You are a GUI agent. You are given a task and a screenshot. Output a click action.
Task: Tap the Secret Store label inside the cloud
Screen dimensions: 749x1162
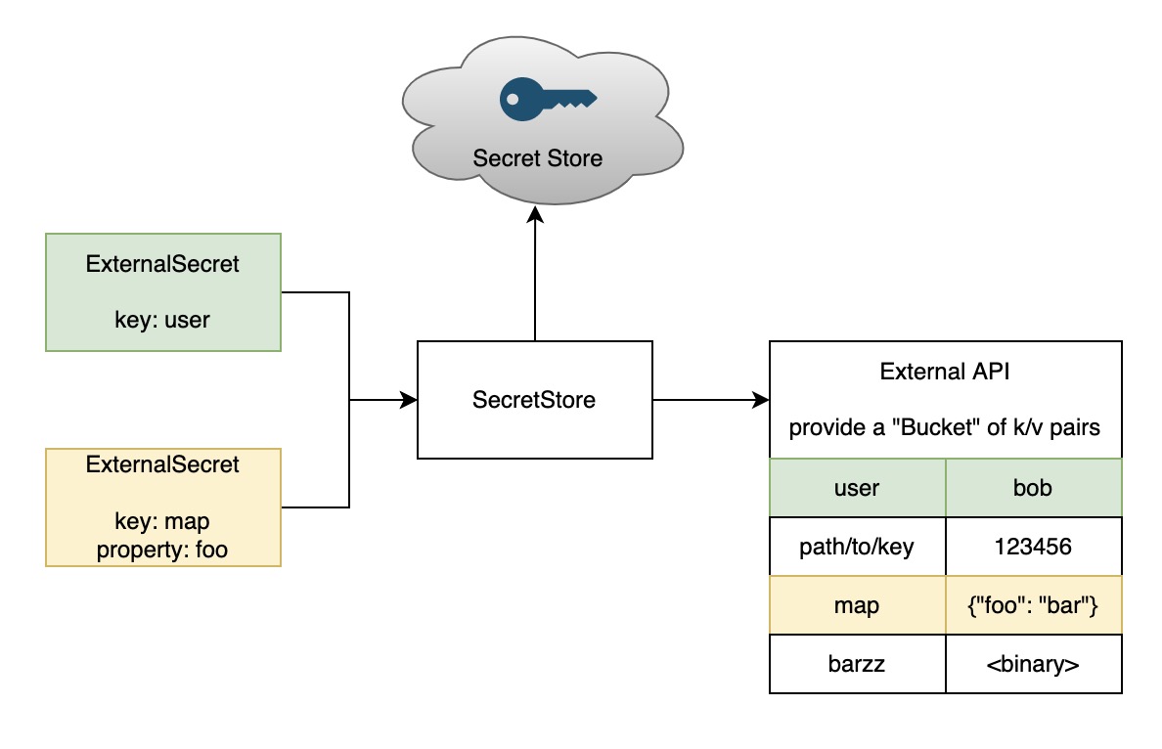[537, 157]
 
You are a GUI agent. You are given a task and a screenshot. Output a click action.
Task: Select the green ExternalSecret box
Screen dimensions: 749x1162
[163, 291]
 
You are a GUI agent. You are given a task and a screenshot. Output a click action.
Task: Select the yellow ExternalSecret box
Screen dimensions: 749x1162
[163, 507]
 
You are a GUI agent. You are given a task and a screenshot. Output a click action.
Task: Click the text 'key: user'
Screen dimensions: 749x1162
[162, 319]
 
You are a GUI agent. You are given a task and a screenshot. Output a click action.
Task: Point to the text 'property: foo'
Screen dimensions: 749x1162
[162, 550]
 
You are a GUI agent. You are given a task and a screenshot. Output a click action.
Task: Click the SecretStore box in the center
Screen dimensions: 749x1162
[534, 400]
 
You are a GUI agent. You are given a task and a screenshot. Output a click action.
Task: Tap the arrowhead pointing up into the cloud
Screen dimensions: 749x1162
[535, 214]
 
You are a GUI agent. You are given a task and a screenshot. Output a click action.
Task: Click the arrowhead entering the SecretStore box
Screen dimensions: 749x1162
[408, 400]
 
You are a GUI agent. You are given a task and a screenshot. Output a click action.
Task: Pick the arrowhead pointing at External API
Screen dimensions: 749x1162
[760, 400]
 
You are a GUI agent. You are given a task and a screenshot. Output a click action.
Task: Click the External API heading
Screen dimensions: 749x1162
[945, 372]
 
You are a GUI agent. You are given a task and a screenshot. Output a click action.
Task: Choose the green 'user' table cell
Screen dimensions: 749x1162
[857, 488]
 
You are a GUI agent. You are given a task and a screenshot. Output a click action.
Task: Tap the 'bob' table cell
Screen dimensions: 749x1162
[1033, 488]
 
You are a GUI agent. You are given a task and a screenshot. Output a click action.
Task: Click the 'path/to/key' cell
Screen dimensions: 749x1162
[857, 547]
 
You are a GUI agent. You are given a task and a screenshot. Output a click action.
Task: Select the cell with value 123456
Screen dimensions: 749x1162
[1033, 547]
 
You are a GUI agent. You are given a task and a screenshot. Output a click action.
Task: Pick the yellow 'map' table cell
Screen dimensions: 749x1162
[857, 605]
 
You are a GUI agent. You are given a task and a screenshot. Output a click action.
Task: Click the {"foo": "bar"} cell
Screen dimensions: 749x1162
[1033, 605]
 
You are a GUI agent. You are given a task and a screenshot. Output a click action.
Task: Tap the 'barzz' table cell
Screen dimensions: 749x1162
[857, 664]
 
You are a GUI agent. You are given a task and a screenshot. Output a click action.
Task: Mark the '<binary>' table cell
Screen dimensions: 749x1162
[1033, 664]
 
